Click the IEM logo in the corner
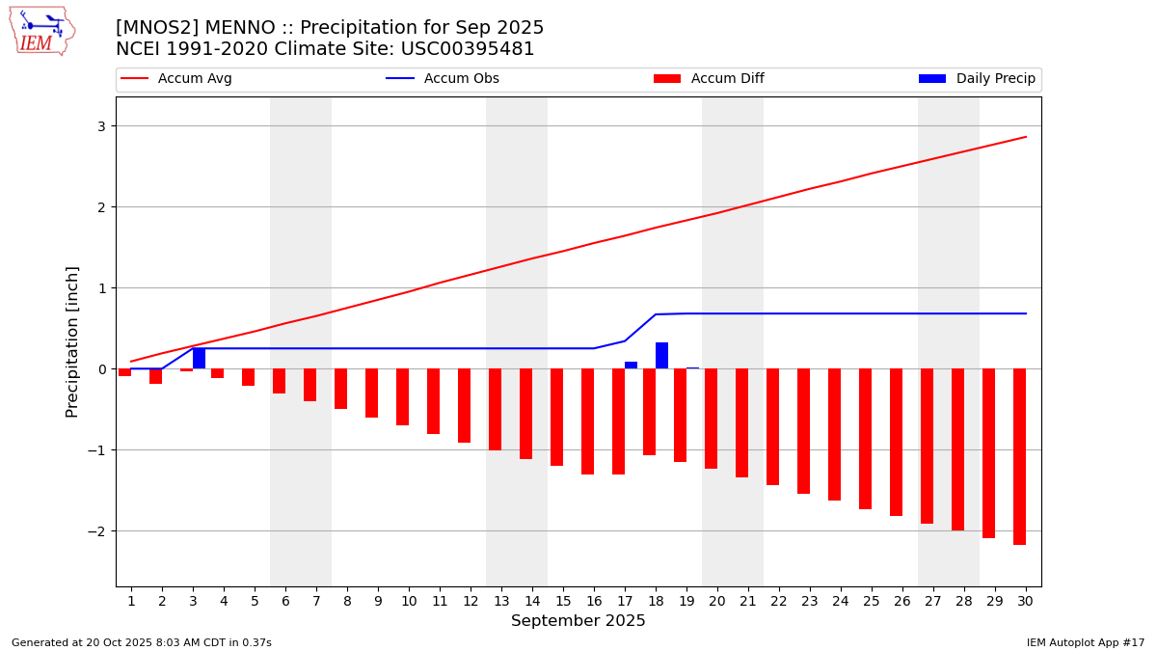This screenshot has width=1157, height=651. (41, 31)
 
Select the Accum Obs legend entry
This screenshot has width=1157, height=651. (444, 79)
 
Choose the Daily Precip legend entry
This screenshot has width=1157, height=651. (978, 79)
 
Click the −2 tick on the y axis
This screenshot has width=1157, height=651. (97, 531)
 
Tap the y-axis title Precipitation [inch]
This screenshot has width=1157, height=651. (72, 341)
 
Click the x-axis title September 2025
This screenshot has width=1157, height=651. (578, 621)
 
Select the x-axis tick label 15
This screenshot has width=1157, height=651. (563, 601)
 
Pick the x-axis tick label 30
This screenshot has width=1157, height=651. (1025, 601)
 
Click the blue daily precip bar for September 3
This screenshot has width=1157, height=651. (199, 358)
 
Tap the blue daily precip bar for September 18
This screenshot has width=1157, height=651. (661, 355)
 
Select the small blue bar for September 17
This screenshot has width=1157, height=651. (631, 365)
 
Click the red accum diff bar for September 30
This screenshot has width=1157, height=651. (1019, 456)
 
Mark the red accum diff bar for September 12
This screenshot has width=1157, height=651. (464, 405)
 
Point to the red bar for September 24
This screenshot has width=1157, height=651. (834, 434)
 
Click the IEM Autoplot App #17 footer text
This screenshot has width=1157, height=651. (1086, 642)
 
